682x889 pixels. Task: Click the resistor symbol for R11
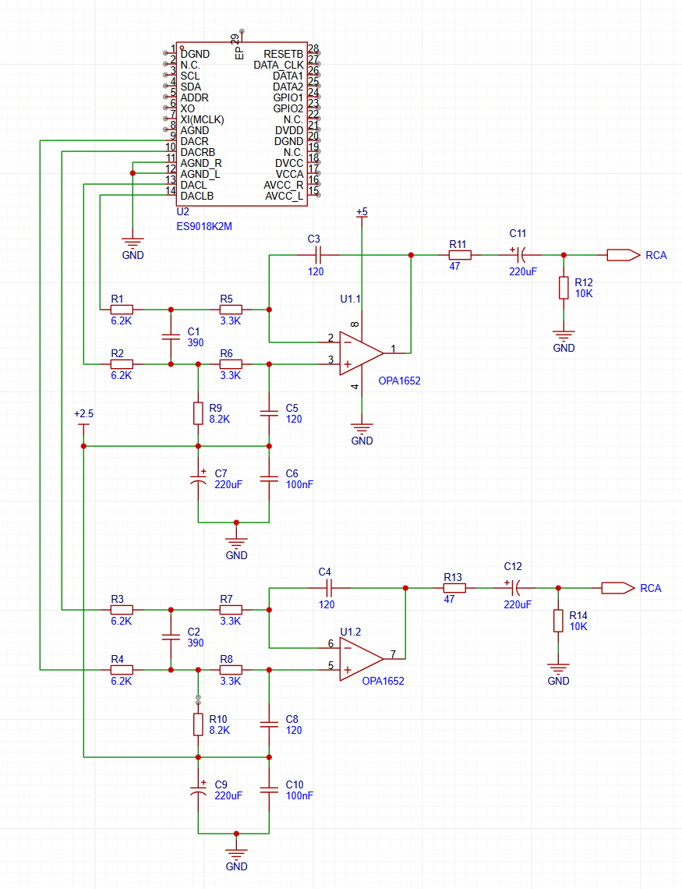pyautogui.click(x=460, y=255)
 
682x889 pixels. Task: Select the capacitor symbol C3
pyautogui.click(x=318, y=255)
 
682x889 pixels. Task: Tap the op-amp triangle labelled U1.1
pyautogui.click(x=362, y=353)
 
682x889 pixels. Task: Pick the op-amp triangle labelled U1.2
pyautogui.click(x=362, y=659)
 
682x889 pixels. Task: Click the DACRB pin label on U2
pyautogui.click(x=198, y=152)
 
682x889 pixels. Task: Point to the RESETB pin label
pyautogui.click(x=283, y=54)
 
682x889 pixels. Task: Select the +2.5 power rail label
pyautogui.click(x=84, y=414)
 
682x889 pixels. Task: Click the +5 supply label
pyautogui.click(x=362, y=212)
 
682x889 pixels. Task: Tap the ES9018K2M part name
pyautogui.click(x=204, y=226)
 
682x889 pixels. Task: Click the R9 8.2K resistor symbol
pyautogui.click(x=198, y=413)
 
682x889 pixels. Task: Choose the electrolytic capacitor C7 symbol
pyautogui.click(x=198, y=479)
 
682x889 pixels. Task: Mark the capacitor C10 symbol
pyautogui.click(x=269, y=790)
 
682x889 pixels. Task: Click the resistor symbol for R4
pyautogui.click(x=122, y=670)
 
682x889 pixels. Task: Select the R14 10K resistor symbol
pyautogui.click(x=559, y=621)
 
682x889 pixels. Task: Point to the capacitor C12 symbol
pyautogui.click(x=513, y=588)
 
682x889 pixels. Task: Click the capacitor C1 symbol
pyautogui.click(x=171, y=337)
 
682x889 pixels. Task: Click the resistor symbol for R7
pyautogui.click(x=231, y=610)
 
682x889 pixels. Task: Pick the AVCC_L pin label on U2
pyautogui.click(x=284, y=197)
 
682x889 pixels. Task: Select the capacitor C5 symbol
pyautogui.click(x=269, y=413)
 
